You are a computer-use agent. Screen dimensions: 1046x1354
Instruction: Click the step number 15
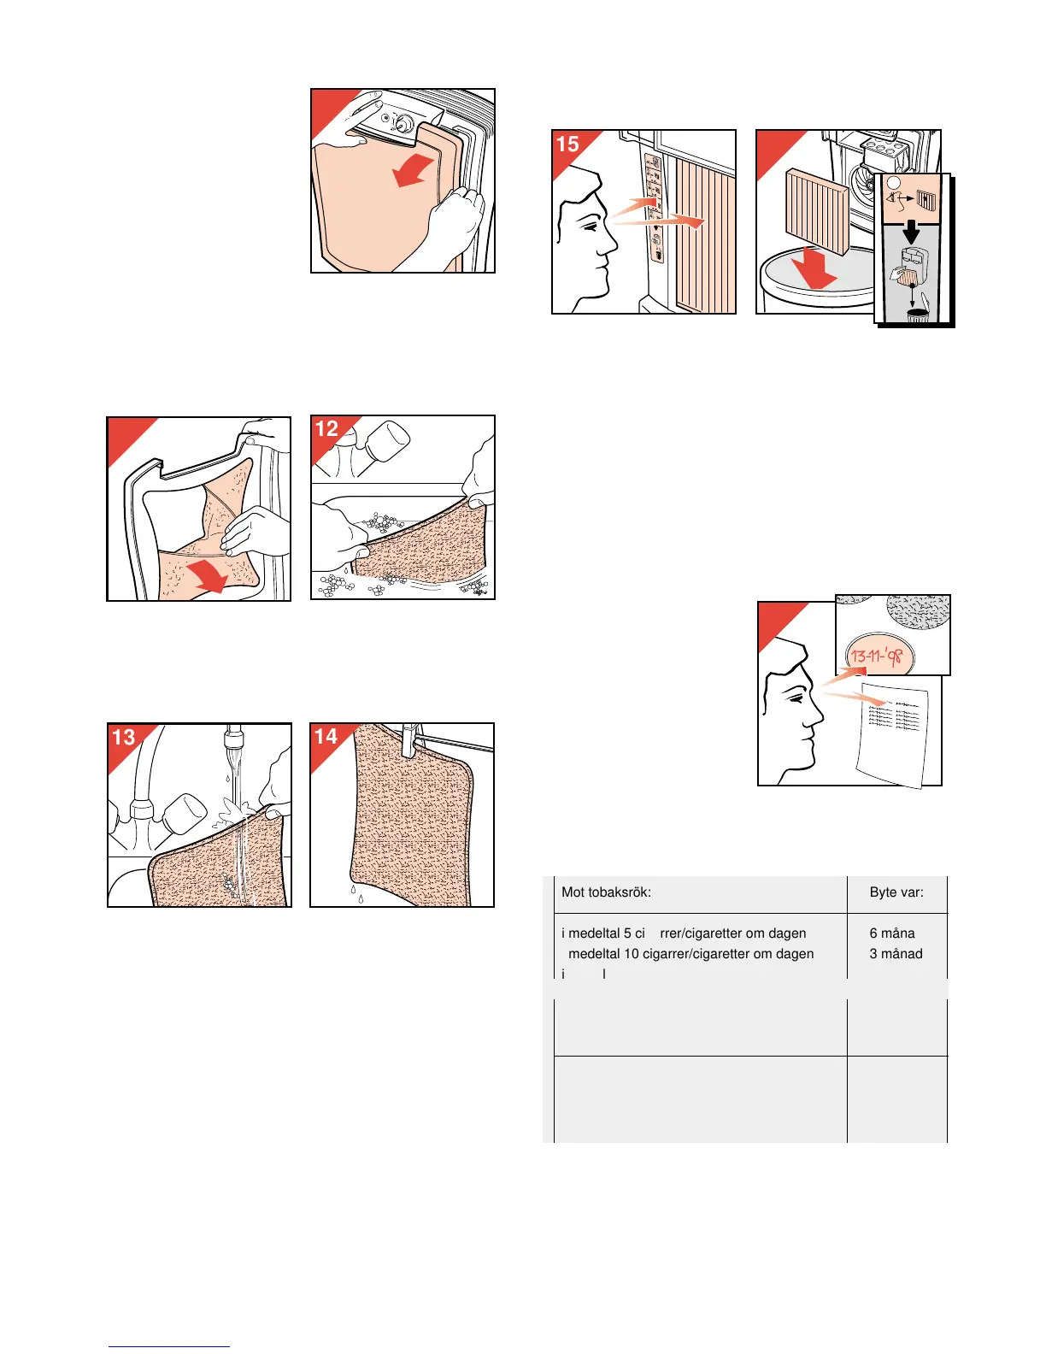pos(567,144)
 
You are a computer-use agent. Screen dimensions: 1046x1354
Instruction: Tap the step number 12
pos(326,429)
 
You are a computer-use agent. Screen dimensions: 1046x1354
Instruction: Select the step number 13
pos(124,737)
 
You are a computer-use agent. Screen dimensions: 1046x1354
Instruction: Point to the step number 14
pos(326,737)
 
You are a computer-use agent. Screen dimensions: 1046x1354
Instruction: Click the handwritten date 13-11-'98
pos(878,656)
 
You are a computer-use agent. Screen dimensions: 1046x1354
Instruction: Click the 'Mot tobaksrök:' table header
pos(606,892)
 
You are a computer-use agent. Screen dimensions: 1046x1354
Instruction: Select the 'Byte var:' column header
pos(896,892)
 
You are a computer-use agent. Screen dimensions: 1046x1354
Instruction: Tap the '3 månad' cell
pos(896,954)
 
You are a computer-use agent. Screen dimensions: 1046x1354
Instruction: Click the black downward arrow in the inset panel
pos(912,231)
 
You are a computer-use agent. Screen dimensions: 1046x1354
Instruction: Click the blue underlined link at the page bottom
pos(169,1346)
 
